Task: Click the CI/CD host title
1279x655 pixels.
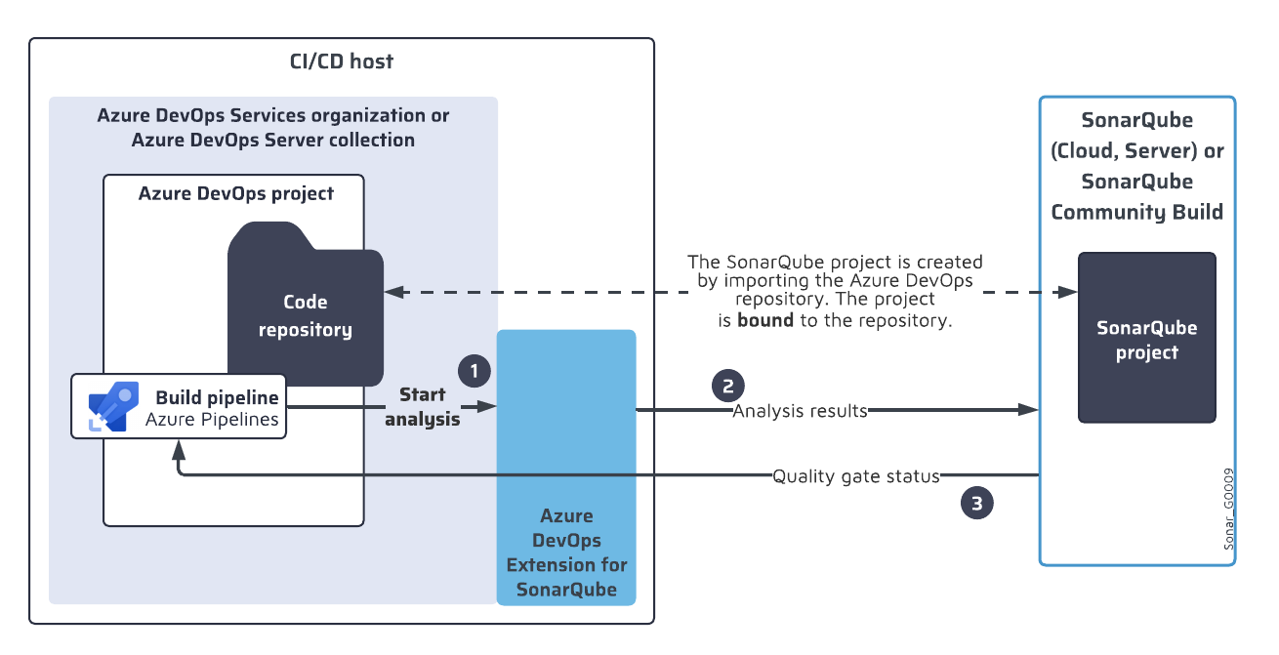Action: pyautogui.click(x=341, y=61)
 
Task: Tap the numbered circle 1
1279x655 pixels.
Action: pyautogui.click(x=474, y=370)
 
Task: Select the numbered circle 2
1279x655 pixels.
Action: pyautogui.click(x=727, y=385)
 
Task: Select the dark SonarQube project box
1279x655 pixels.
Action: pyautogui.click(x=1146, y=338)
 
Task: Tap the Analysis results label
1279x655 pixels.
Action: pyautogui.click(x=800, y=411)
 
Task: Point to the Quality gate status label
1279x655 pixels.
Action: pyautogui.click(x=855, y=476)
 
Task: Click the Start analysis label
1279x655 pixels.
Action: pyautogui.click(x=423, y=407)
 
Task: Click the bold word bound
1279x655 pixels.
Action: pyautogui.click(x=764, y=320)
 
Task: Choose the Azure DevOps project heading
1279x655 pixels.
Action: pyautogui.click(x=235, y=193)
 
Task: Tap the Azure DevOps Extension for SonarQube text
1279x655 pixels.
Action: pyautogui.click(x=566, y=553)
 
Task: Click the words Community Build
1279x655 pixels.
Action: pyautogui.click(x=1136, y=212)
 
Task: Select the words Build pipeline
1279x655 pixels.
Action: pyautogui.click(x=217, y=397)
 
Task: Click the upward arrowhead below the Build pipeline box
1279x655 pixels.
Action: pyautogui.click(x=178, y=449)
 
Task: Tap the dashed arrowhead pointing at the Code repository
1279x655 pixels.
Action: pyautogui.click(x=393, y=291)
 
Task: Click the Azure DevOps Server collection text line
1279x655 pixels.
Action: pyautogui.click(x=272, y=140)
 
